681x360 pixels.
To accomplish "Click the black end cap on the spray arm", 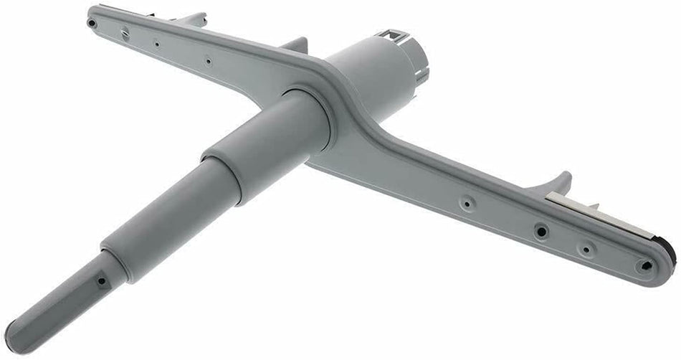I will [670, 250].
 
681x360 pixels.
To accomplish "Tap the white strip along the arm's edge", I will [602, 212].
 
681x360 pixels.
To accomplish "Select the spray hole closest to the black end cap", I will [646, 265].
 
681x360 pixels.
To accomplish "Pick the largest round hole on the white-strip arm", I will [541, 231].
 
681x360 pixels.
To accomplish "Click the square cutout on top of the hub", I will [392, 34].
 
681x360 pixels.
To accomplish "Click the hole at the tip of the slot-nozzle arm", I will [92, 22].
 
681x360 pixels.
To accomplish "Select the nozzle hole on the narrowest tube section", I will [101, 281].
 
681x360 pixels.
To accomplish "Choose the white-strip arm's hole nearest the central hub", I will [467, 204].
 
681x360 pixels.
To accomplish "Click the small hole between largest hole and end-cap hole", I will [586, 249].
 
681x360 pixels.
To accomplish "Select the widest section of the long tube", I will [265, 144].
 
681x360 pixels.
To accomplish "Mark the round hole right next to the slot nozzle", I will [156, 43].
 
